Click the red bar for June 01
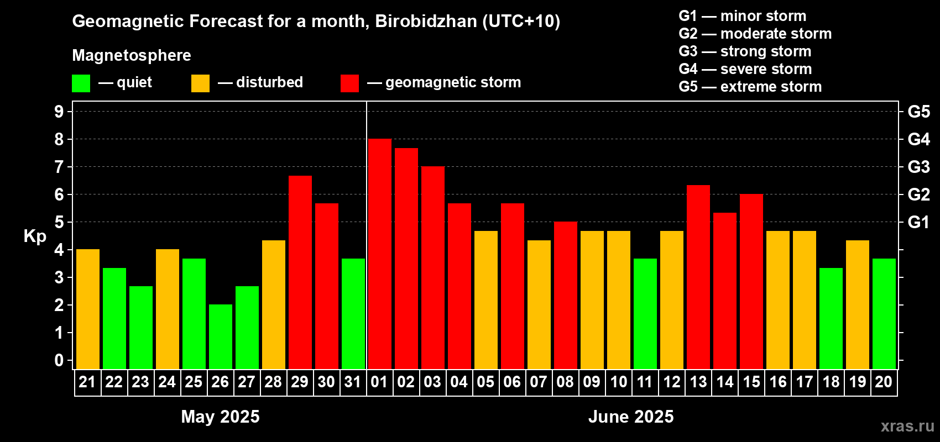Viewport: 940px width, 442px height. [x=379, y=254]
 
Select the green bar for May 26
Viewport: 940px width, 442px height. [x=220, y=336]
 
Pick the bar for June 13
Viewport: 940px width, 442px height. [x=698, y=277]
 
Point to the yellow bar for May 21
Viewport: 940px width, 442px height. [x=87, y=309]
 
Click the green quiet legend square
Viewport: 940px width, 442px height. [x=81, y=83]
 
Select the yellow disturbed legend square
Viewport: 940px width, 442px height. [x=200, y=83]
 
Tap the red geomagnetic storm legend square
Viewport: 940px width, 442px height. [x=349, y=83]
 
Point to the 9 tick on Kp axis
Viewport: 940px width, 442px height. [x=59, y=112]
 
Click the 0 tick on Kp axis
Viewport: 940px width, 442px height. [x=59, y=360]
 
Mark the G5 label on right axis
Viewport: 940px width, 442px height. [x=918, y=112]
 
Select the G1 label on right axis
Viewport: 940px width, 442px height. [x=918, y=222]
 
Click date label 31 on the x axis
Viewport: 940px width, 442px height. [x=353, y=382]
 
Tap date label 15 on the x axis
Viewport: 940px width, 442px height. [x=751, y=382]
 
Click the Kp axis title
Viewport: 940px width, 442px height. [x=35, y=236]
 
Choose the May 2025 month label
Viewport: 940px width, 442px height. [x=220, y=417]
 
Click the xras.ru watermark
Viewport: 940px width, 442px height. [x=907, y=426]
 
